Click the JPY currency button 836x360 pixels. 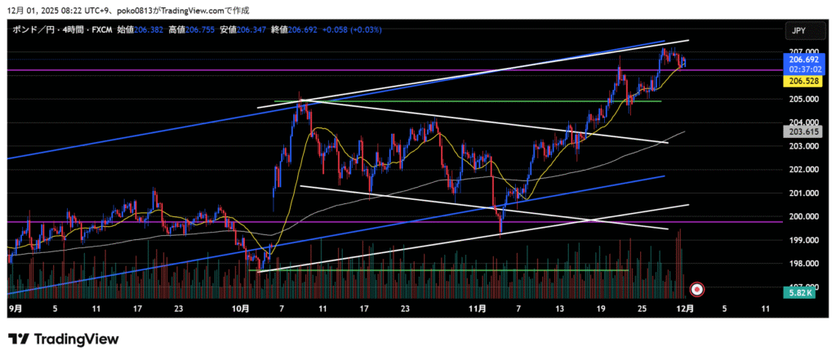[798, 30]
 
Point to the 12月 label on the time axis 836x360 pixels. [687, 309]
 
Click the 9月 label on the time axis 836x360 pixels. [16, 309]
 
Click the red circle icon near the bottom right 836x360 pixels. [697, 288]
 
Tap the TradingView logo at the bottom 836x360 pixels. [64, 339]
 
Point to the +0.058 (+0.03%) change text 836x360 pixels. [352, 29]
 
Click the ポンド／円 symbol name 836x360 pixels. [29, 29]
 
